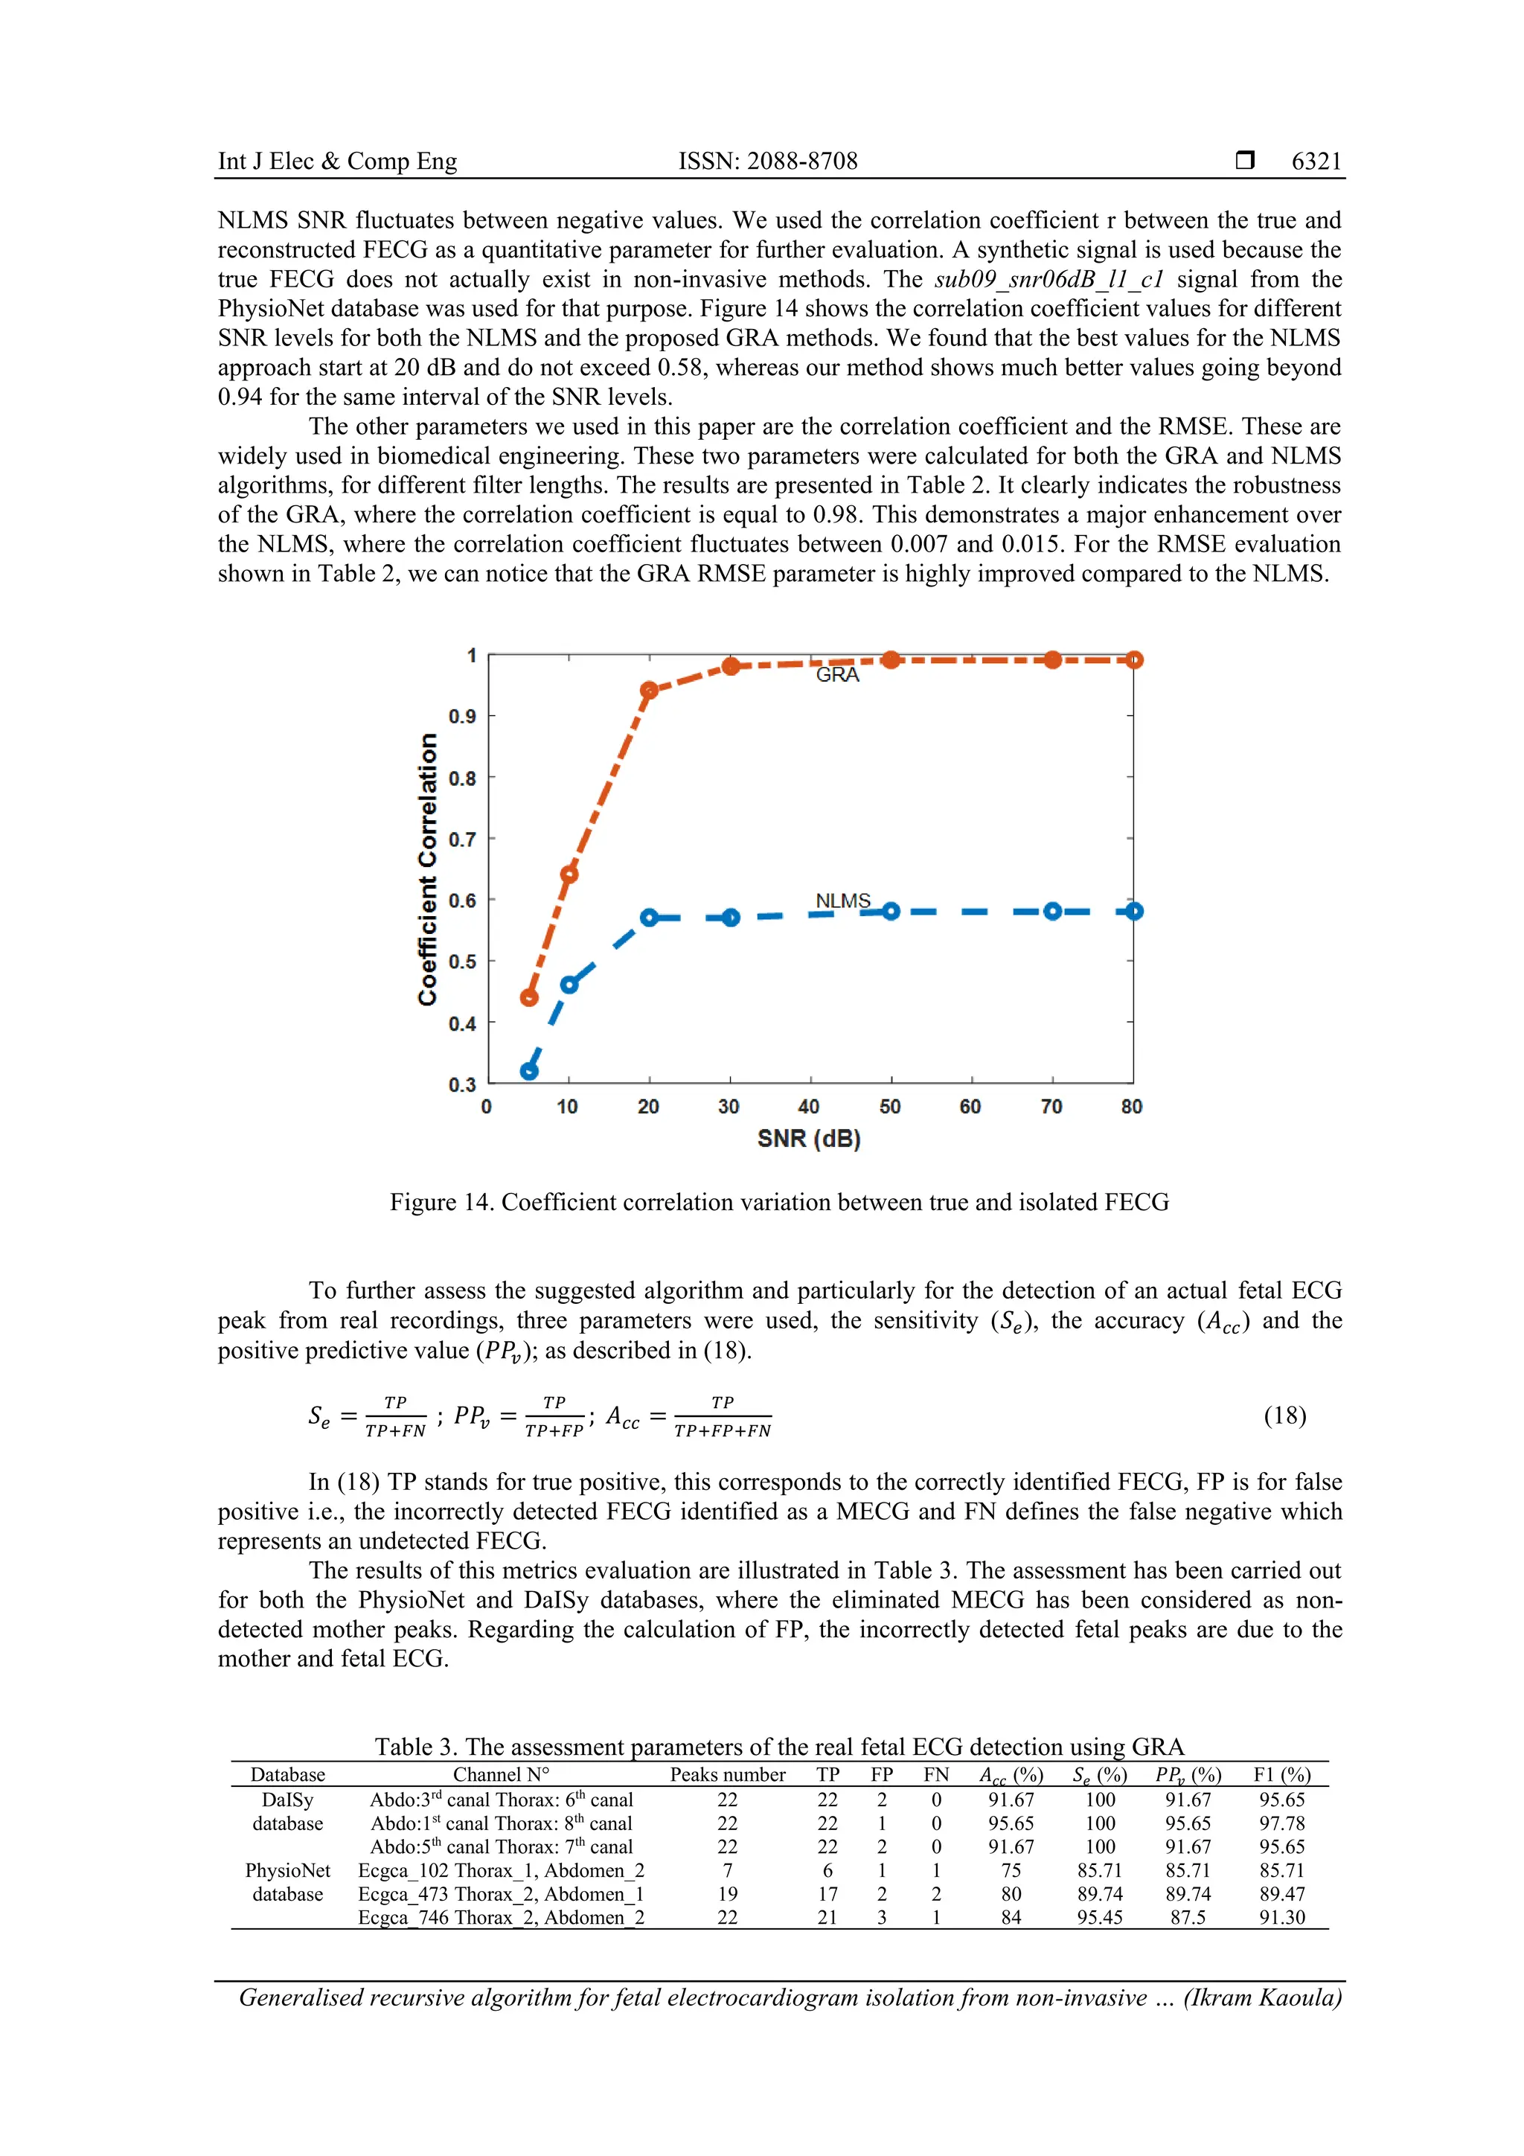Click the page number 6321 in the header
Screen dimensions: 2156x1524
[1316, 161]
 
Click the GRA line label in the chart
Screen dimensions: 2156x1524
[836, 674]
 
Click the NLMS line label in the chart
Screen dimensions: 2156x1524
[842, 901]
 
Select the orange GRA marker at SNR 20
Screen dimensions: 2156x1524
[649, 690]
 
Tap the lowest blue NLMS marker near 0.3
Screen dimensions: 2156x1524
[530, 1070]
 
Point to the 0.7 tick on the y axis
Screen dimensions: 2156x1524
[462, 839]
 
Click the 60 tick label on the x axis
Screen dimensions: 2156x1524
[970, 1106]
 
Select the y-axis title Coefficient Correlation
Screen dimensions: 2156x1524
[428, 869]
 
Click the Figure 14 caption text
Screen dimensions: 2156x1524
[778, 1202]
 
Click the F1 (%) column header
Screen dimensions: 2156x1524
[1281, 1775]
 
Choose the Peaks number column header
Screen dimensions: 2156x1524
[728, 1775]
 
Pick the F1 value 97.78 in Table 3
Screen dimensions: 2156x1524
[1281, 1823]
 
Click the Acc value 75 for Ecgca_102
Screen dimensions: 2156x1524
[1011, 1869]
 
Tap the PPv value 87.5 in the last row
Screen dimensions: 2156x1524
[1188, 1918]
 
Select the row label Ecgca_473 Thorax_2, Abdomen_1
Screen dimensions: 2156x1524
[501, 1894]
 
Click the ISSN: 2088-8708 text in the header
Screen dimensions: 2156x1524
[768, 161]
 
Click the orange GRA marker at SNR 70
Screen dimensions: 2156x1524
[1053, 660]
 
